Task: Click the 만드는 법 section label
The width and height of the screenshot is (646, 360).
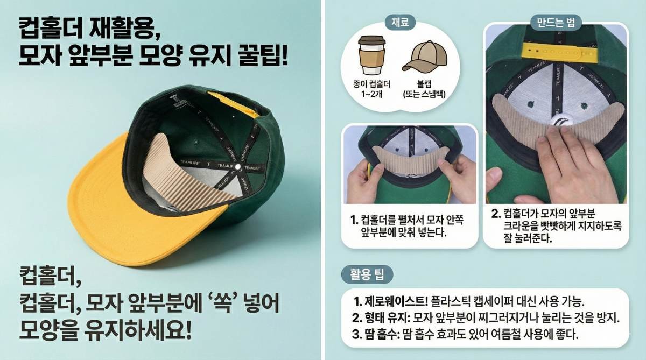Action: click(x=556, y=22)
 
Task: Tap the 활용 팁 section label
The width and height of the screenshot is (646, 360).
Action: click(x=368, y=274)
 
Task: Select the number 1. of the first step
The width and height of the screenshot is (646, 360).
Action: click(x=354, y=220)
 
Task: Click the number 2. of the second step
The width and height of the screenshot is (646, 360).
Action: click(x=496, y=213)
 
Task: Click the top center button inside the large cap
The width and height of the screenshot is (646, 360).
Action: click(x=237, y=172)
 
